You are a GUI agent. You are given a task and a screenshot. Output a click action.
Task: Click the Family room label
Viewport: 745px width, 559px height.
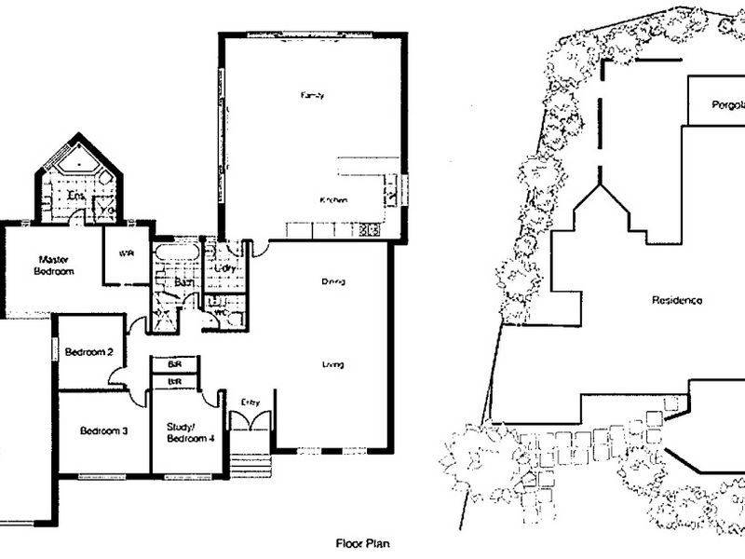pyautogui.click(x=312, y=96)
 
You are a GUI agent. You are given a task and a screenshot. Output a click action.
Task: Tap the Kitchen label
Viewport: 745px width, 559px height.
pyautogui.click(x=334, y=200)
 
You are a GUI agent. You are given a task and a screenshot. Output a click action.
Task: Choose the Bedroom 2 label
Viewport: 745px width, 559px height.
pyautogui.click(x=89, y=352)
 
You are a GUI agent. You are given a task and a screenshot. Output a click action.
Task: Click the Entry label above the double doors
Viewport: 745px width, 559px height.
pyautogui.click(x=249, y=402)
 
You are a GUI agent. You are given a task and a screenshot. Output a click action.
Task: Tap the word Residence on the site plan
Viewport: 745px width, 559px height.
pyautogui.click(x=676, y=300)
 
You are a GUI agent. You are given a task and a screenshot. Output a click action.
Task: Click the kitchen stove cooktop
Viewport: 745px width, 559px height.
pyautogui.click(x=369, y=228)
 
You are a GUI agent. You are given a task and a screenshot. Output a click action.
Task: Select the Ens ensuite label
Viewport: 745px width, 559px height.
pyautogui.click(x=76, y=195)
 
